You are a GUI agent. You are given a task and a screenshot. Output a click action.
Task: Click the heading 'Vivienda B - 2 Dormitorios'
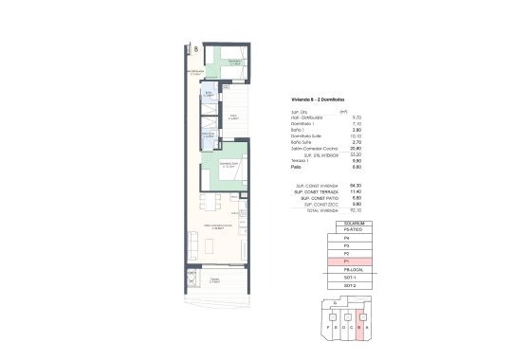[x=317, y=99]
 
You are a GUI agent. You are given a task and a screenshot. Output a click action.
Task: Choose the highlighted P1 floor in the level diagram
[x=347, y=261]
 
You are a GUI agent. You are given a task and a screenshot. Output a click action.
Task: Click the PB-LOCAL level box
[x=347, y=270]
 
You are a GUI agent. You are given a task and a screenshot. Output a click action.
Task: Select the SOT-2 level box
[x=347, y=285]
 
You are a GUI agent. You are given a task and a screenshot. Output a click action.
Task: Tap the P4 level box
[x=347, y=238]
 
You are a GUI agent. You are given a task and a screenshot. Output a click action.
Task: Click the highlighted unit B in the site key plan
[x=359, y=319]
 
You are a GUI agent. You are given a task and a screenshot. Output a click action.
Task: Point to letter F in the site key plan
[x=326, y=330]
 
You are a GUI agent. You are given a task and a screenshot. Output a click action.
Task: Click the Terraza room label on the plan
[x=217, y=280]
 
